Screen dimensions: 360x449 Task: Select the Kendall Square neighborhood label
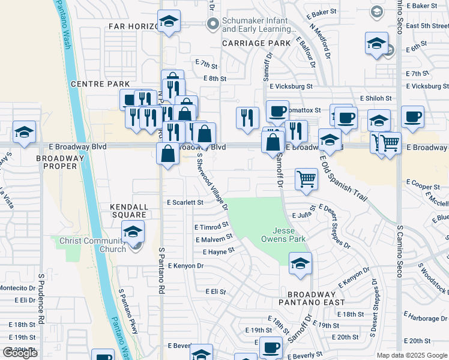tap(128, 210)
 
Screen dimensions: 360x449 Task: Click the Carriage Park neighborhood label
tap(252, 43)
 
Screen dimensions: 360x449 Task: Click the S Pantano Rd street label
tap(161, 271)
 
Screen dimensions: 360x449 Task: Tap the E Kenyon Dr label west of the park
tap(186, 266)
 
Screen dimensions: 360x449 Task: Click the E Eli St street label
tap(214, 292)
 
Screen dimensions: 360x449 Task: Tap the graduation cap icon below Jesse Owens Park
tap(300, 263)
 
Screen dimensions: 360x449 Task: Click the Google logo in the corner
tap(20, 353)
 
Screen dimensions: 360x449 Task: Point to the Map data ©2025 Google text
tap(411, 355)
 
